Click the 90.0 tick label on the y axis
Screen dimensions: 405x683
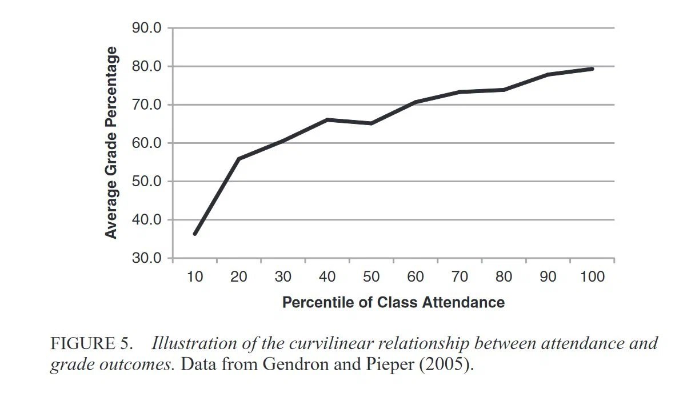(x=147, y=28)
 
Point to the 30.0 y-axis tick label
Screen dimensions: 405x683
(x=147, y=258)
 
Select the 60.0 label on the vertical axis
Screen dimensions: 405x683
(x=147, y=143)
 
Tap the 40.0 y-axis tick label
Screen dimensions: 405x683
(x=147, y=220)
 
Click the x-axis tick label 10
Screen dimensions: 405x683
(x=194, y=277)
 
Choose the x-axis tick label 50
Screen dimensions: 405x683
(x=371, y=277)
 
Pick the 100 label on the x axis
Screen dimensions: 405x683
(x=592, y=277)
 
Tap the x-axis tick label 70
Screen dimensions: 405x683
(x=460, y=277)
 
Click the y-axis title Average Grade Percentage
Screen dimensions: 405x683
(x=111, y=143)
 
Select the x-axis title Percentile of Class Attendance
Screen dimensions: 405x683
(x=393, y=302)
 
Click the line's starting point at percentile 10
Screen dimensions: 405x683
(x=195, y=234)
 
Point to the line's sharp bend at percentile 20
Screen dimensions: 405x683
(x=238, y=159)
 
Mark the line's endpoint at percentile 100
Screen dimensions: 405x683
(x=592, y=69)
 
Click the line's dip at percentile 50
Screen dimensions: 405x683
(x=371, y=123)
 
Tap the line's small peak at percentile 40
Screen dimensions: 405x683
(x=327, y=119)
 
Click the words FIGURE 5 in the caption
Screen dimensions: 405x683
(x=91, y=344)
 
